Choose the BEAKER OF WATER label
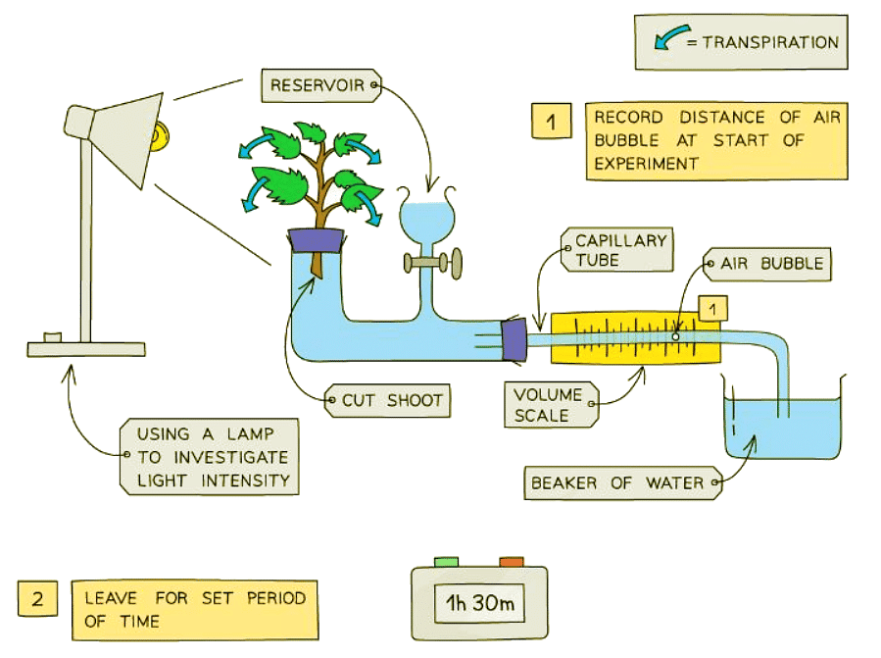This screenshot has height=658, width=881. [x=623, y=482]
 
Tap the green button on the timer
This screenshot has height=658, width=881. [x=446, y=562]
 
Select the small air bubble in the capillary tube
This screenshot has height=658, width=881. [x=675, y=336]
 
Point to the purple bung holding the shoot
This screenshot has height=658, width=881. [x=315, y=238]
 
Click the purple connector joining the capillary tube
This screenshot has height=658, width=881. [x=513, y=338]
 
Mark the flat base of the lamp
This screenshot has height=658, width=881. [x=86, y=348]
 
